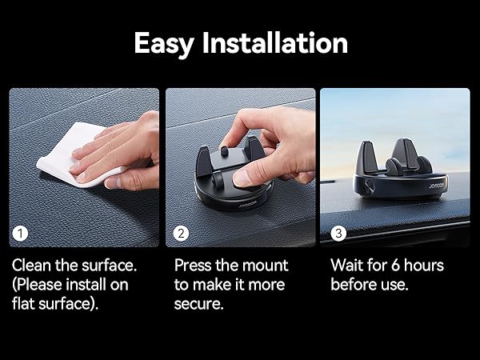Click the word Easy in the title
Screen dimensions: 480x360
pos(164,44)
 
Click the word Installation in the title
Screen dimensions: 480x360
pos(275,43)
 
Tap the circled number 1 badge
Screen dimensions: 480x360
pos(20,234)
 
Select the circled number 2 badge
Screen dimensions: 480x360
pos(181,234)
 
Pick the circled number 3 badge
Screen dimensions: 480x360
pos(338,234)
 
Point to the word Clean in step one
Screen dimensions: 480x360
pos(31,265)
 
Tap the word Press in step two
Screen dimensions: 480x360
pos(193,265)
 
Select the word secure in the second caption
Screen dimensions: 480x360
pos(198,304)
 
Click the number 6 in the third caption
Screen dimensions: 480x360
pos(396,265)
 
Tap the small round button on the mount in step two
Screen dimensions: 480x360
pos(225,151)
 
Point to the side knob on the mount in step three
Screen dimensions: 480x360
pos(368,186)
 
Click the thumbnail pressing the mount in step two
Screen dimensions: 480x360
pos(242,178)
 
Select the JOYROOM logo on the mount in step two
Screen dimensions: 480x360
pos(248,204)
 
